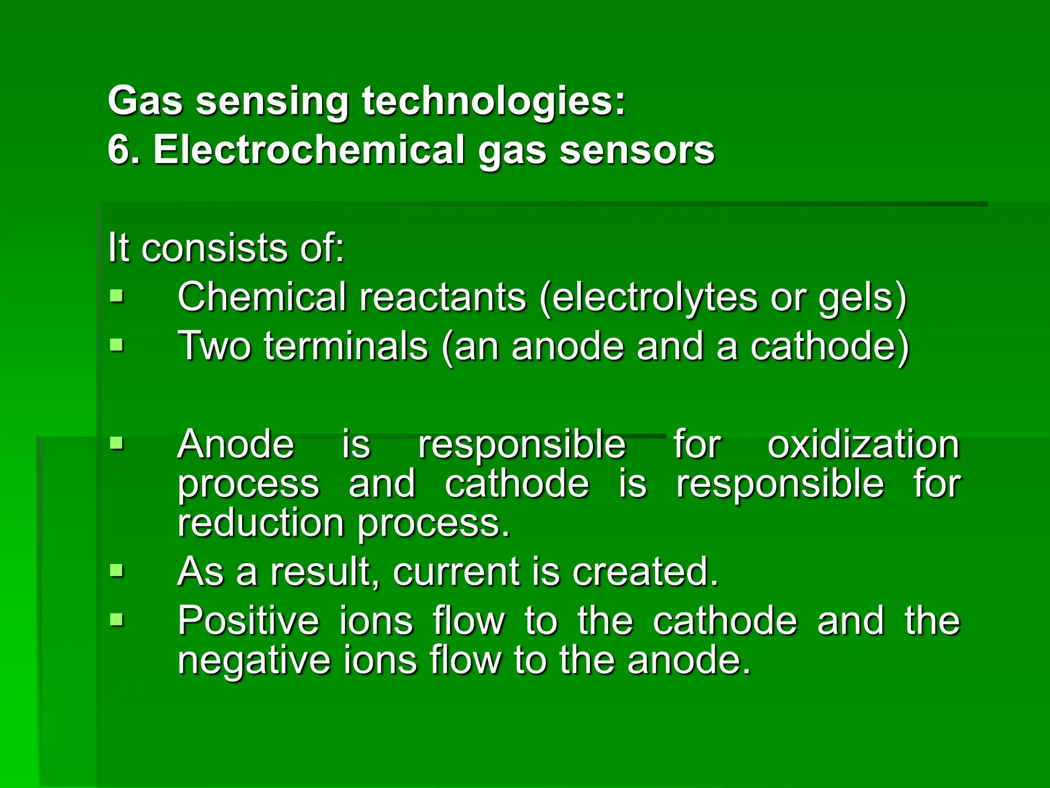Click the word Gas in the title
[145, 101]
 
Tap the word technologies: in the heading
[494, 101]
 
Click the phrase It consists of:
[226, 248]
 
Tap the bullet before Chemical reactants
[117, 296]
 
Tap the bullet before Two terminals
[117, 345]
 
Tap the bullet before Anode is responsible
[117, 442]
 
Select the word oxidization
[863, 444]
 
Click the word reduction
[260, 523]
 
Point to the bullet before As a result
[117, 570]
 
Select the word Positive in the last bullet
[248, 621]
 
